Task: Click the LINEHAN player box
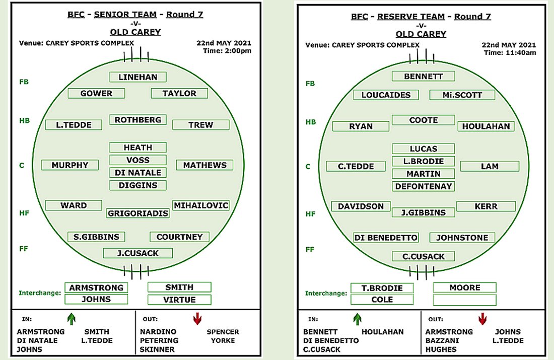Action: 138,77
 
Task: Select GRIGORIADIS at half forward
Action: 138,213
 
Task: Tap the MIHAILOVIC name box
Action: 201,205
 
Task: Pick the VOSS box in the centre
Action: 138,160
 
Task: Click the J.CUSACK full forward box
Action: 138,253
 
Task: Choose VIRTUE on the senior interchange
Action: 179,300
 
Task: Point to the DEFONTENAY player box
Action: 423,186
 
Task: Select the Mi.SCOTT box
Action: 462,95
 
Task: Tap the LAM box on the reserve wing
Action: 490,166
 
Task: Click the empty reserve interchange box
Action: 465,300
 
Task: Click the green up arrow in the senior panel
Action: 72,319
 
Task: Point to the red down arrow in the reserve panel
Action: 482,319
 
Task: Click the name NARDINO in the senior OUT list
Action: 158,332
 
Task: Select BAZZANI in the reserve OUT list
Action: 442,340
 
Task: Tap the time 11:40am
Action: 521,53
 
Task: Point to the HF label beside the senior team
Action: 24,213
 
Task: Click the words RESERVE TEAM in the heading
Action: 411,16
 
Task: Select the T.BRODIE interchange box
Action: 382,288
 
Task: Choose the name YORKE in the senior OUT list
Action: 223,340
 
